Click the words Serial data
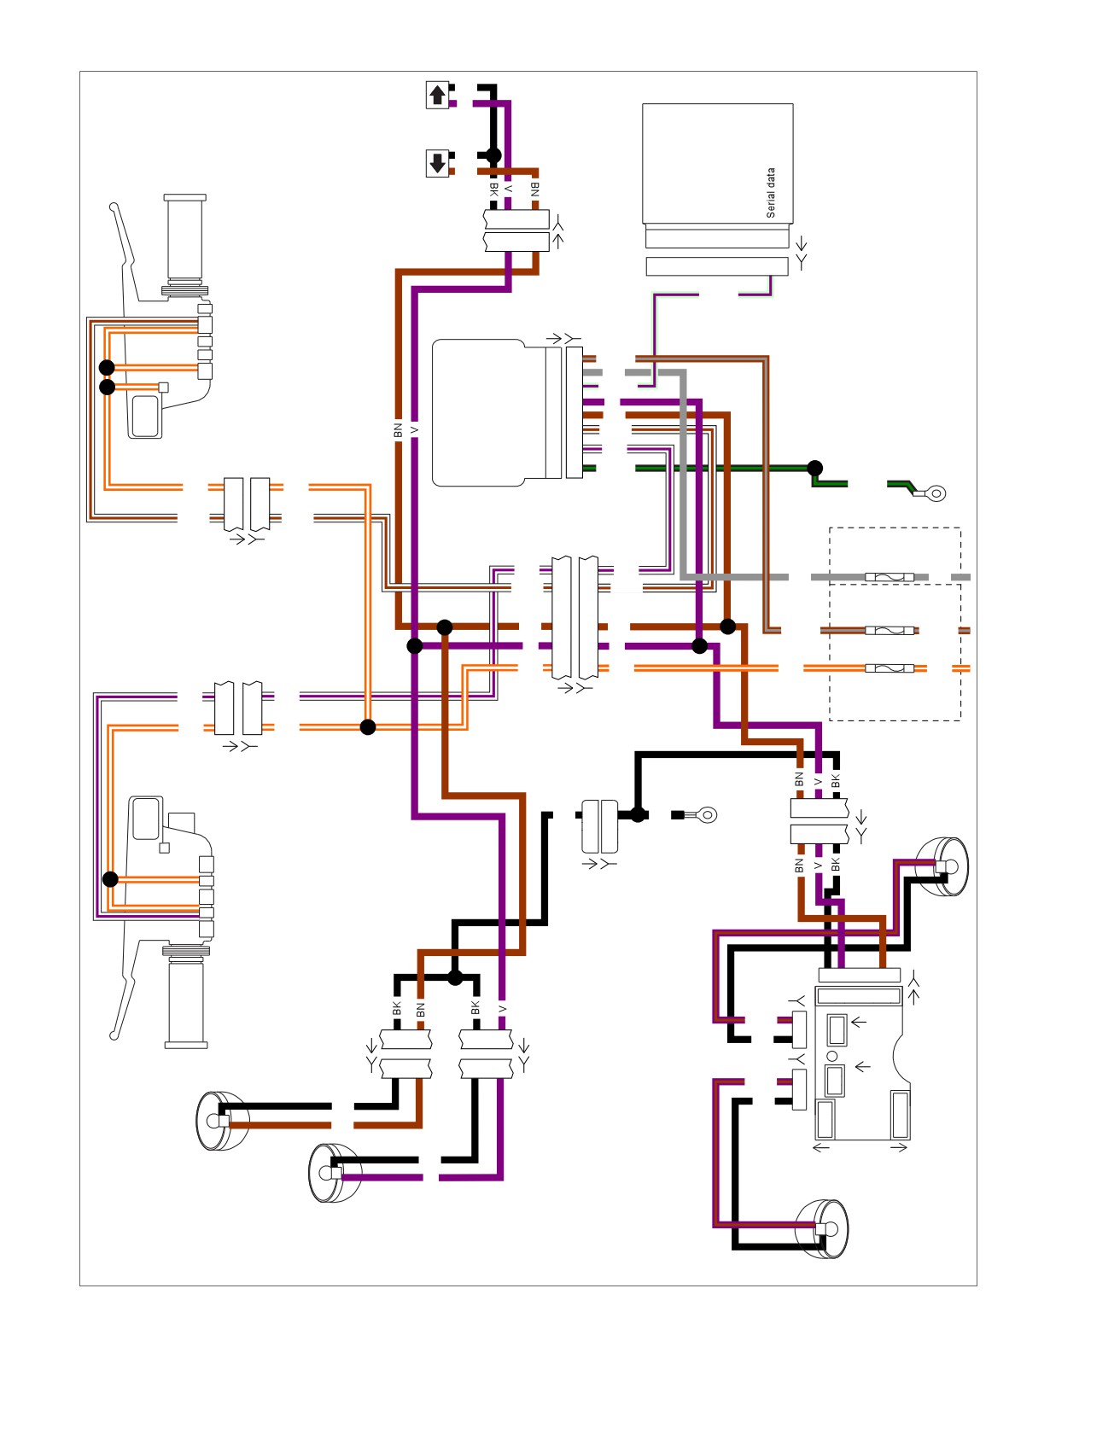point(771,193)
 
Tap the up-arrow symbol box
point(438,95)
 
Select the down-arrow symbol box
point(438,163)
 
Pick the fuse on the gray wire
point(890,577)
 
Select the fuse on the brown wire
point(890,631)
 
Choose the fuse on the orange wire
point(890,668)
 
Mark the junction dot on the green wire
point(815,468)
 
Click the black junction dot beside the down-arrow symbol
point(493,154)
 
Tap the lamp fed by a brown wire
point(221,1121)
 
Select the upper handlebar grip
point(185,245)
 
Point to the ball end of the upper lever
point(114,207)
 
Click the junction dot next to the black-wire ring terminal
point(638,814)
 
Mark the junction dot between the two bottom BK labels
point(455,977)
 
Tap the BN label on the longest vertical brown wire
point(398,430)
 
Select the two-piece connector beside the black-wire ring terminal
point(599,825)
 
